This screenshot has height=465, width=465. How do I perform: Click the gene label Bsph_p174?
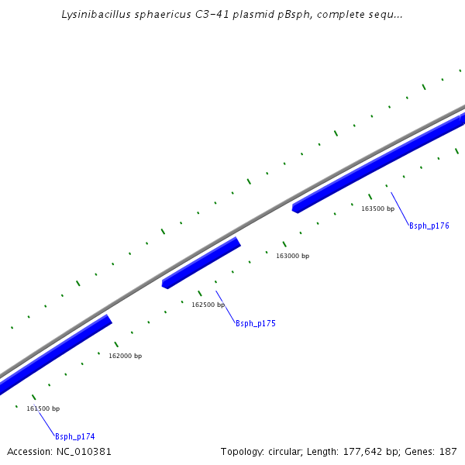74,436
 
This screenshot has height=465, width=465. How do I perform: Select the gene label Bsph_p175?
255,323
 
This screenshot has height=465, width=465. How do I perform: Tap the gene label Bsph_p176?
429,226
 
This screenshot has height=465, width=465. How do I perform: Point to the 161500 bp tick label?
43,408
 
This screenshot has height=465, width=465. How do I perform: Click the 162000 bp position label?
125,356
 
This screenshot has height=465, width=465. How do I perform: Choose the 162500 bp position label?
208,305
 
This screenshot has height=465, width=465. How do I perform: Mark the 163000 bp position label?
292,256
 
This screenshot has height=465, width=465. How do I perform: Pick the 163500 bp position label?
377,208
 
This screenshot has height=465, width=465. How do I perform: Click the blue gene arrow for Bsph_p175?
201,263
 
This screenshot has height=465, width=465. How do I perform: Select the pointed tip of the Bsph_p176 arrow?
294,208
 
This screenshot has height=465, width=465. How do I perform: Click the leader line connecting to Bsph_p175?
226,305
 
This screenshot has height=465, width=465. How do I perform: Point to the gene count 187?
448,451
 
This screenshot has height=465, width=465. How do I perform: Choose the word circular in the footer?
287,451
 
